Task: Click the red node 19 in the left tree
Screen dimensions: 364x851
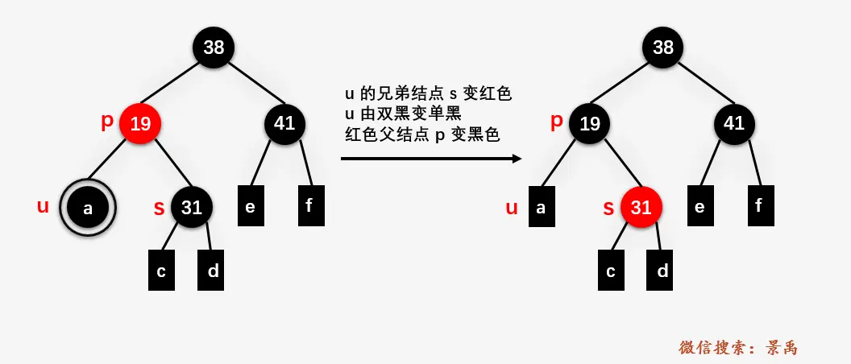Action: pos(140,123)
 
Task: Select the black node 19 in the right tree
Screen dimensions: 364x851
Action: pos(590,123)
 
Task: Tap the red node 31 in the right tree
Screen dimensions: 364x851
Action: pos(641,207)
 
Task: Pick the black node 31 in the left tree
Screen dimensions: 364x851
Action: pos(191,207)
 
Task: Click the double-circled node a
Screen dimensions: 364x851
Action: pos(89,209)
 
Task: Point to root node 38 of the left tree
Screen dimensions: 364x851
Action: pos(214,47)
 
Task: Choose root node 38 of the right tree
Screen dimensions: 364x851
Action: pos(663,47)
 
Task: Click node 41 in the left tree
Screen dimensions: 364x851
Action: pos(284,123)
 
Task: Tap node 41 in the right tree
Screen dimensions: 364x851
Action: pos(734,123)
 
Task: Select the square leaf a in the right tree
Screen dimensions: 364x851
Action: pos(541,207)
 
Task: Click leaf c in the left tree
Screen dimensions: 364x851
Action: pos(161,271)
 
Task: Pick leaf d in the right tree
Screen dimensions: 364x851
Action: pos(662,271)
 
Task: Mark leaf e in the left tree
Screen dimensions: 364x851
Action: pos(251,206)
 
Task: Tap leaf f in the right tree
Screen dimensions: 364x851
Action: pos(758,206)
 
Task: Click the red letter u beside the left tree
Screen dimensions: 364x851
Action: pos(43,207)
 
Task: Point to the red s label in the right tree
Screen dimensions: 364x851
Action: pos(608,209)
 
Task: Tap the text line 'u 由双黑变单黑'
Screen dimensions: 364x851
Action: pos(403,114)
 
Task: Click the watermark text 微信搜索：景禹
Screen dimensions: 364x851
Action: pos(738,347)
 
